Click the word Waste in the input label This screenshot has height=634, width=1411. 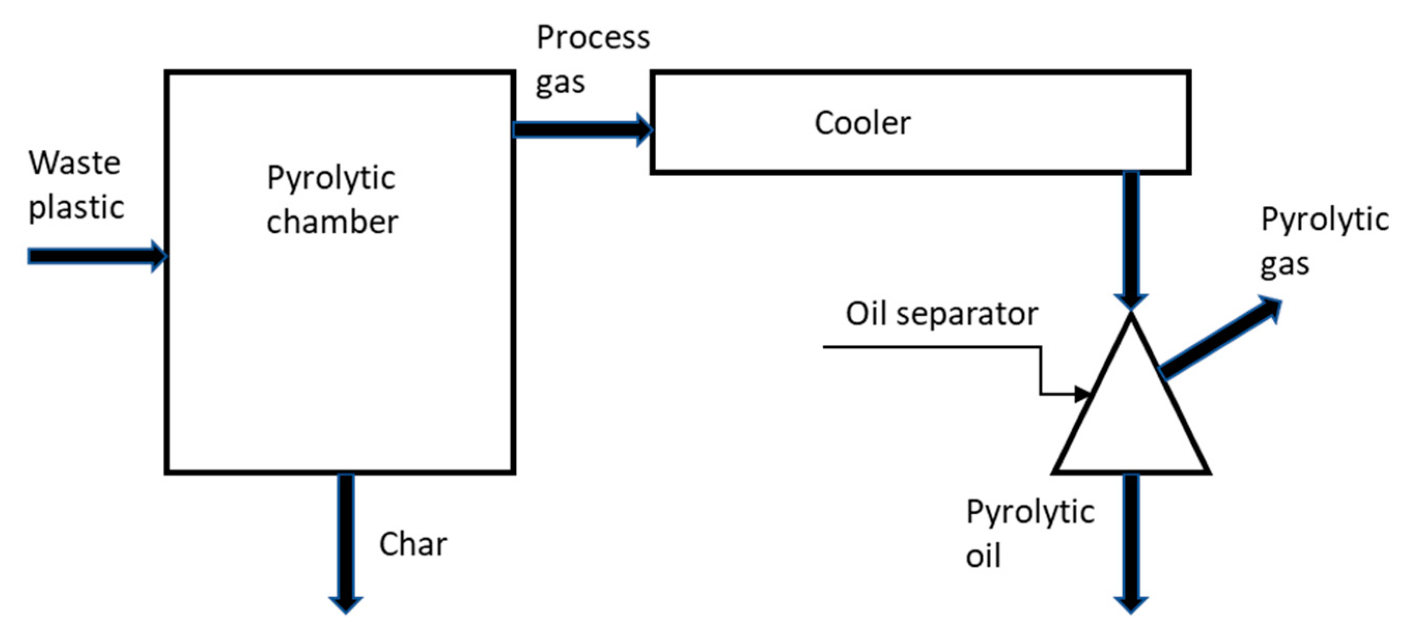(75, 163)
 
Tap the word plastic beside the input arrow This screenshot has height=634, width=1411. (76, 208)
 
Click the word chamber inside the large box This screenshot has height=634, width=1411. (332, 222)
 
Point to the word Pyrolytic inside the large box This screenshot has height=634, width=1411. (331, 179)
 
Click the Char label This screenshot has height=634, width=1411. (413, 544)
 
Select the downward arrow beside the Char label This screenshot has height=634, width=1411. (346, 542)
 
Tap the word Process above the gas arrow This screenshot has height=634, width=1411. (592, 38)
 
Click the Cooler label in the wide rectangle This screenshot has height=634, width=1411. (862, 123)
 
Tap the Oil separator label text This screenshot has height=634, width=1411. (941, 314)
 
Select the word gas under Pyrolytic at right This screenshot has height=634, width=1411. (1285, 265)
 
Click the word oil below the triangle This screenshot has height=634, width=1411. (983, 556)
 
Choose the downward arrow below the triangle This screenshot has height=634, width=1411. (1131, 542)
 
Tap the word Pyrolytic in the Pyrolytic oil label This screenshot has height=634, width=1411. (1030, 512)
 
